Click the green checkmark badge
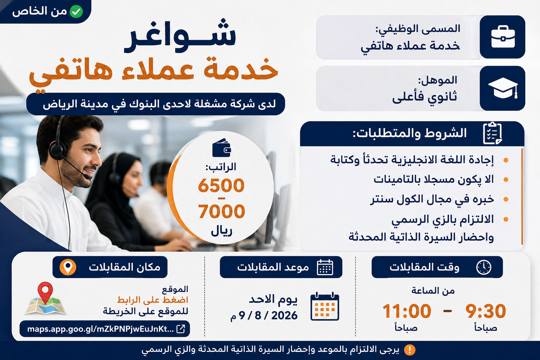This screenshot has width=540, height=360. coord(76,11)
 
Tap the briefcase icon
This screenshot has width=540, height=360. coord(503,37)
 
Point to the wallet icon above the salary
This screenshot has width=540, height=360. coord(221,148)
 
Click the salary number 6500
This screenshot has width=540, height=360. coord(221,185)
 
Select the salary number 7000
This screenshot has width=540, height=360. coord(221,211)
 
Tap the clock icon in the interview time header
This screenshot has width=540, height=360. coord(484,267)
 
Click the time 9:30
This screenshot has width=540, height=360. coord(486,311)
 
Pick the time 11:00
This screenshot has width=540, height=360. coord(407,311)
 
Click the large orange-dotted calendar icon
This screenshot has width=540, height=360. coord(325,306)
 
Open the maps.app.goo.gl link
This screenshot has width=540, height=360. coord(101,329)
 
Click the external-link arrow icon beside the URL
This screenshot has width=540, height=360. coord(181,329)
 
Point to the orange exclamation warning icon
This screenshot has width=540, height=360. coord(410,350)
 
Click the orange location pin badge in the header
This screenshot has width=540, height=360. coord(68,267)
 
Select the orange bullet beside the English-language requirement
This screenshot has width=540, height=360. coord(506,160)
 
